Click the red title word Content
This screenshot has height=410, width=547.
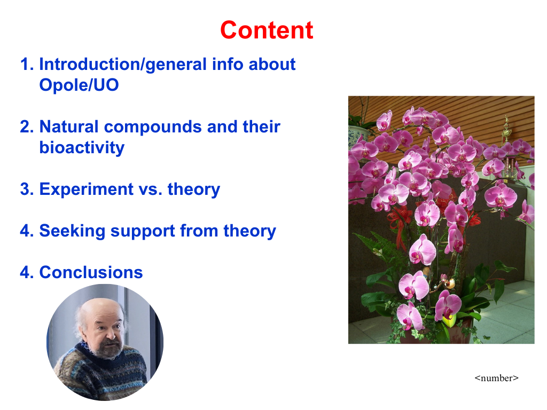pyautogui.click(x=267, y=30)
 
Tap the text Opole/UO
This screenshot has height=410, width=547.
pyautogui.click(x=79, y=85)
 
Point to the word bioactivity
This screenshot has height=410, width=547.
pyautogui.click(x=82, y=147)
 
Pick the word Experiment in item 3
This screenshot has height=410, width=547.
pyautogui.click(x=86, y=190)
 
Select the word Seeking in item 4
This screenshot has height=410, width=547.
pyautogui.click(x=72, y=231)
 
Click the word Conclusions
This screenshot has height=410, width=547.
pyautogui.click(x=91, y=272)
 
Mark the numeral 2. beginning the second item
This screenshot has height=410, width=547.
pyautogui.click(x=27, y=127)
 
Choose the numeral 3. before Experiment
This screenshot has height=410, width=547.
pyautogui.click(x=27, y=190)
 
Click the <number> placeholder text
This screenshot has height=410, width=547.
pyautogui.click(x=496, y=378)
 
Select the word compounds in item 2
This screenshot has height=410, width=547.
pyautogui.click(x=153, y=127)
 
